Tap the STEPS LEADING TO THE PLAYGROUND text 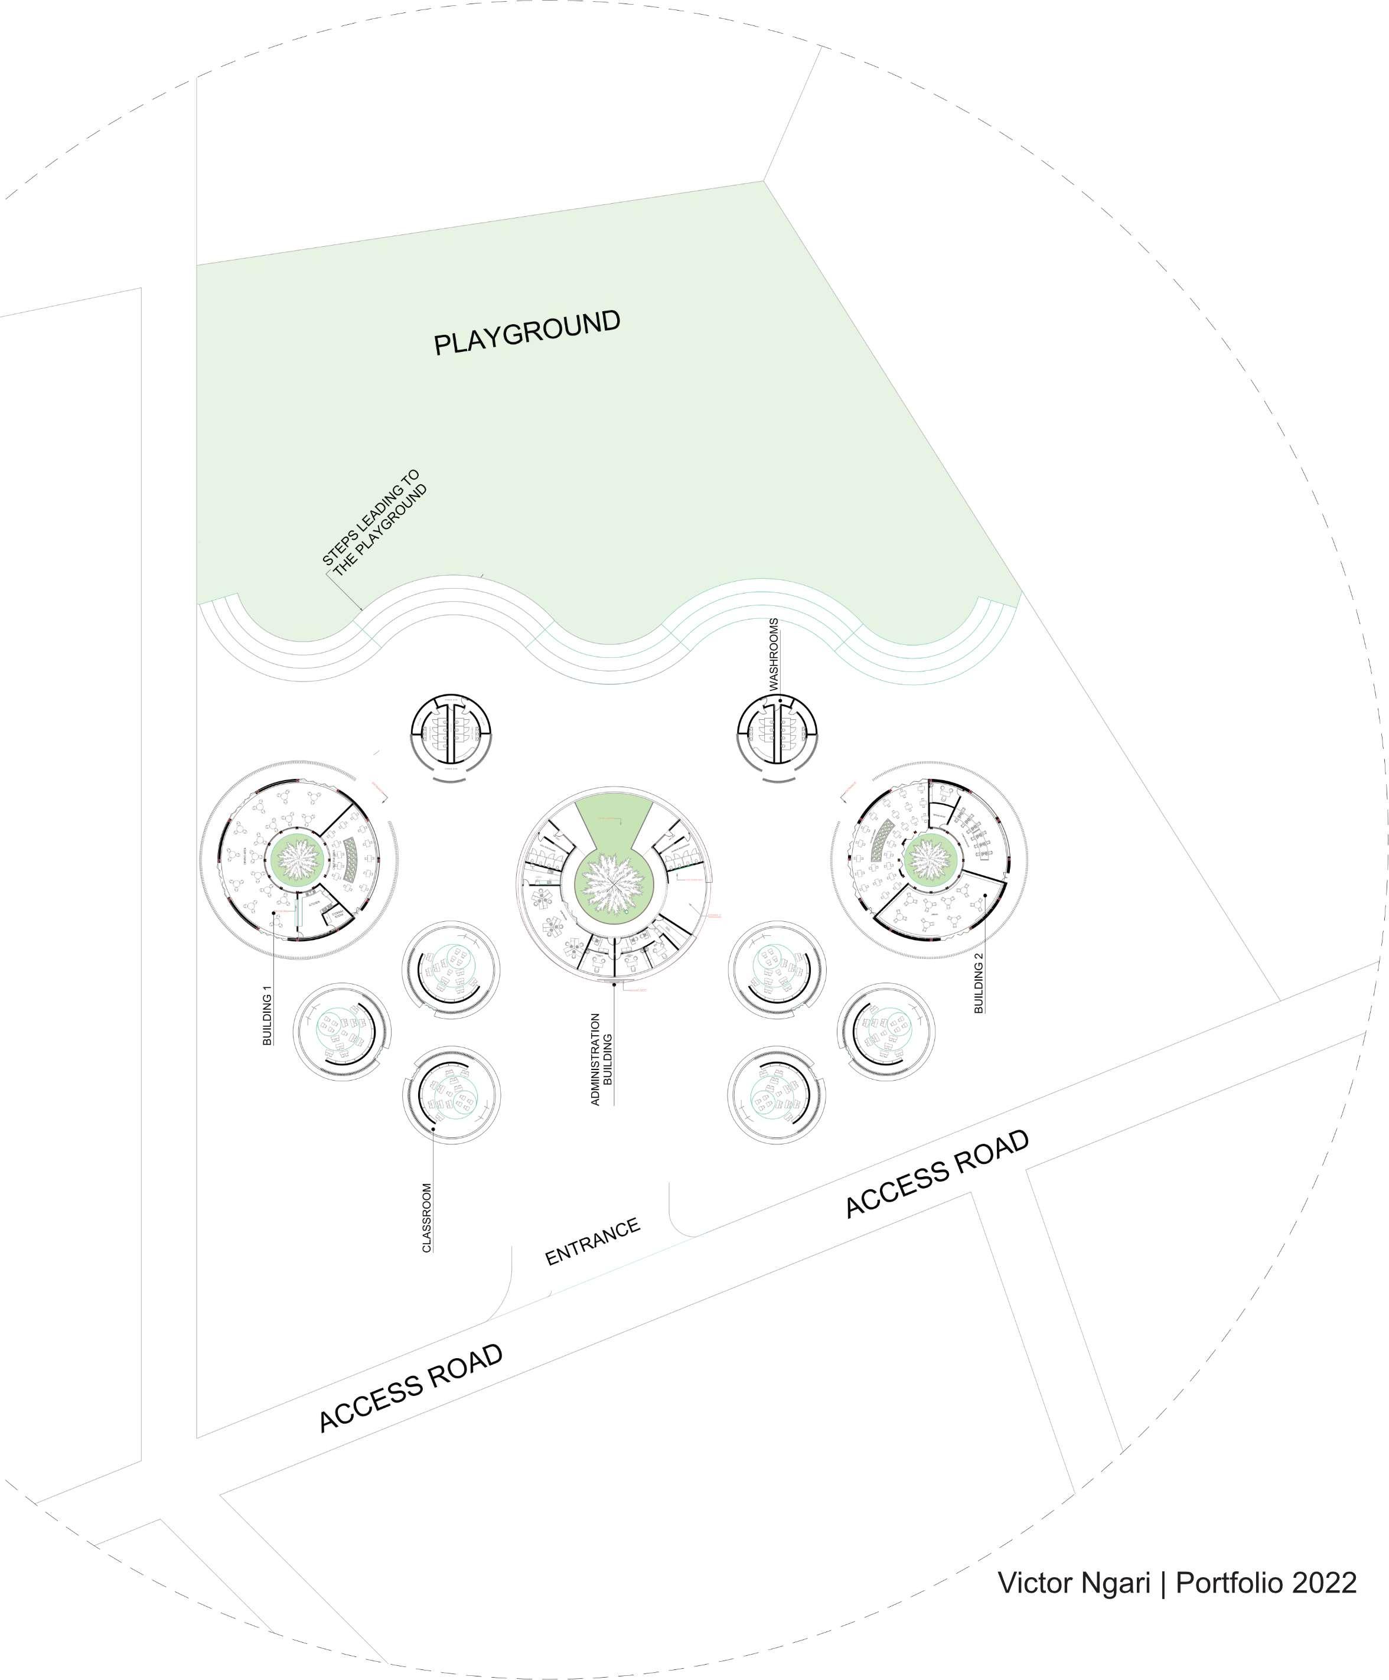click(x=374, y=521)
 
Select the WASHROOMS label click(x=774, y=654)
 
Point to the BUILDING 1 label click(x=268, y=1014)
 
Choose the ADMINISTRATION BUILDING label click(x=601, y=1059)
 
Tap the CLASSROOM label click(x=426, y=1218)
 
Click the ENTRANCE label click(x=592, y=1242)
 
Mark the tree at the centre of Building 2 click(x=929, y=859)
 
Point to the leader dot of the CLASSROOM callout click(x=433, y=1128)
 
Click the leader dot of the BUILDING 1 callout click(x=273, y=913)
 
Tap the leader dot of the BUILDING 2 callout click(x=986, y=895)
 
